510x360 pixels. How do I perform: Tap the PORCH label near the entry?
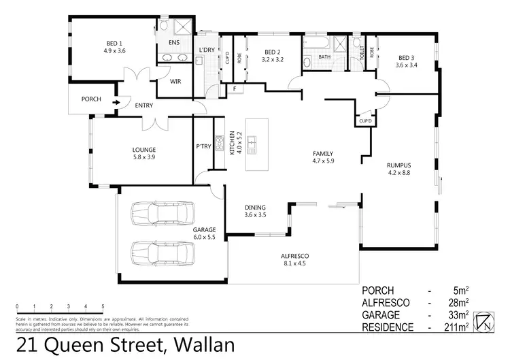pos(91,99)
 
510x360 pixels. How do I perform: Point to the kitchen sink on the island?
pos(252,144)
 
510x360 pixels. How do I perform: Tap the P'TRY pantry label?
pos(203,146)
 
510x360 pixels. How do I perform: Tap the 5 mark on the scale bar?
pos(103,306)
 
